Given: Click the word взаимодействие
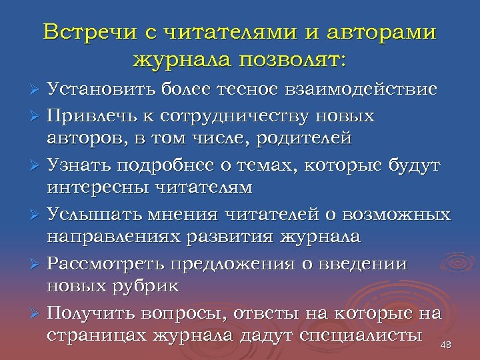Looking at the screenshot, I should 370,90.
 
